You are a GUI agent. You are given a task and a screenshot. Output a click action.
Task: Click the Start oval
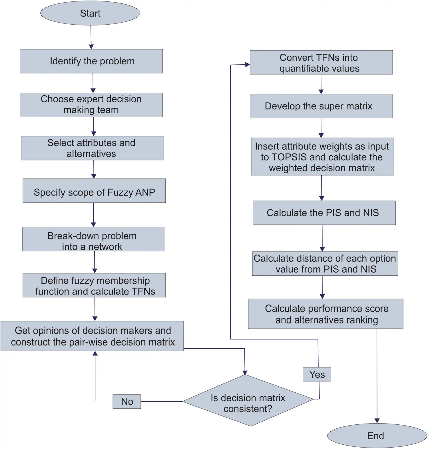tap(90, 13)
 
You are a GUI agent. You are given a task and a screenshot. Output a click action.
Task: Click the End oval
tap(377, 436)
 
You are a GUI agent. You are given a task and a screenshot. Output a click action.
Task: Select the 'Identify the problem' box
tap(91, 61)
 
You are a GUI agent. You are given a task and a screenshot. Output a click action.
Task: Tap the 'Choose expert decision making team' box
tap(91, 105)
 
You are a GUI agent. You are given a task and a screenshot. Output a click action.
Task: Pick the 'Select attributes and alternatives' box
tap(93, 148)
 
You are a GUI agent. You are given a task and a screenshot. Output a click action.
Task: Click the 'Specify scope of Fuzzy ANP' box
tap(94, 191)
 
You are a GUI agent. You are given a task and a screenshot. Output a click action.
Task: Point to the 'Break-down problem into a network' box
tap(94, 239)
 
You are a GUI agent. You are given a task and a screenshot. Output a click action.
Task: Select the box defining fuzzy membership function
tap(94, 285)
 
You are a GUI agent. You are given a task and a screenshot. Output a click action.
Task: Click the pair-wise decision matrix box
tap(92, 336)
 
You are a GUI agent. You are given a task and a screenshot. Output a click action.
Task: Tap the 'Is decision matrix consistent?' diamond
tap(248, 401)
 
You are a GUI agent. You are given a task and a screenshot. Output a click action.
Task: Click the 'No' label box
tap(127, 402)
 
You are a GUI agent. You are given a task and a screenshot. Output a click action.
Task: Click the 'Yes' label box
tap(317, 374)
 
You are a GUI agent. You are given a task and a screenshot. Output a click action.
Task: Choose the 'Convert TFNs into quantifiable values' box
tap(321, 62)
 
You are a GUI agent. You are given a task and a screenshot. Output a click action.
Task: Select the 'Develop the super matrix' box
tap(321, 106)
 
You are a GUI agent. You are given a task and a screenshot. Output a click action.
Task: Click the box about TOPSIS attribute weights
tap(322, 157)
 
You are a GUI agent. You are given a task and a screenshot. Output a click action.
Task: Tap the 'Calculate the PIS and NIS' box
tap(324, 213)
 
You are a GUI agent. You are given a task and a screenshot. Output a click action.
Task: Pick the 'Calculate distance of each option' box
tap(325, 264)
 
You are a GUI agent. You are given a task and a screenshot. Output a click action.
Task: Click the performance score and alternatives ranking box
tap(325, 314)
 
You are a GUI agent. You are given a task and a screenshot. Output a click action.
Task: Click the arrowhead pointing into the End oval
tap(377, 421)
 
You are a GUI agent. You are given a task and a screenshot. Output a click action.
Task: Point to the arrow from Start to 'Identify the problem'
tap(91, 37)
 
